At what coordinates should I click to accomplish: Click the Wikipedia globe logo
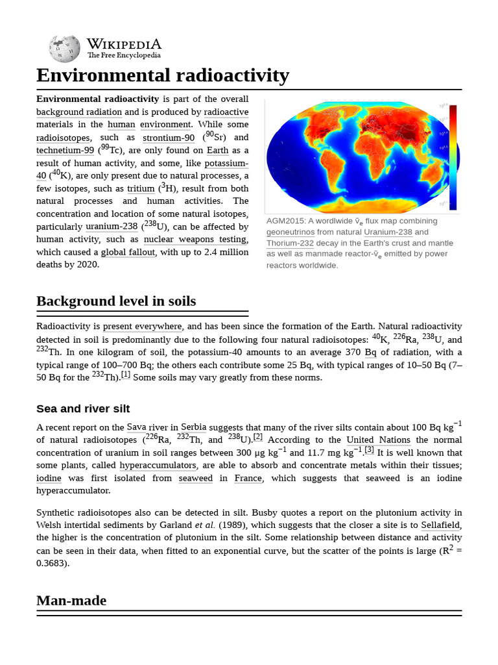(64, 48)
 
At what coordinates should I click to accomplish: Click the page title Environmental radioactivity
(162, 75)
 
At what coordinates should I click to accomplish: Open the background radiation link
(78, 112)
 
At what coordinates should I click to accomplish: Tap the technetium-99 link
(65, 150)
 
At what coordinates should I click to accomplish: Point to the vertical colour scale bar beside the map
(453, 156)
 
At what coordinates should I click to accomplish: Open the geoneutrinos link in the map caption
(290, 232)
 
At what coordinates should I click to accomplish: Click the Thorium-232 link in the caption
(290, 243)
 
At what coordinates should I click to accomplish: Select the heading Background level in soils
(115, 301)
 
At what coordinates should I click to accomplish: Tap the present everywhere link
(143, 327)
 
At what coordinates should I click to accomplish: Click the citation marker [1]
(125, 375)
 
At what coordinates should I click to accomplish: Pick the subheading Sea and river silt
(83, 408)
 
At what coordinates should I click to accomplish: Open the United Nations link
(378, 440)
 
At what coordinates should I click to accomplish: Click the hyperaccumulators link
(158, 466)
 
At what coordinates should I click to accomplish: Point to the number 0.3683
(52, 563)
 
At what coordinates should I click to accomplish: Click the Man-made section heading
(71, 601)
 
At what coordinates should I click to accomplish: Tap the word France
(248, 479)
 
